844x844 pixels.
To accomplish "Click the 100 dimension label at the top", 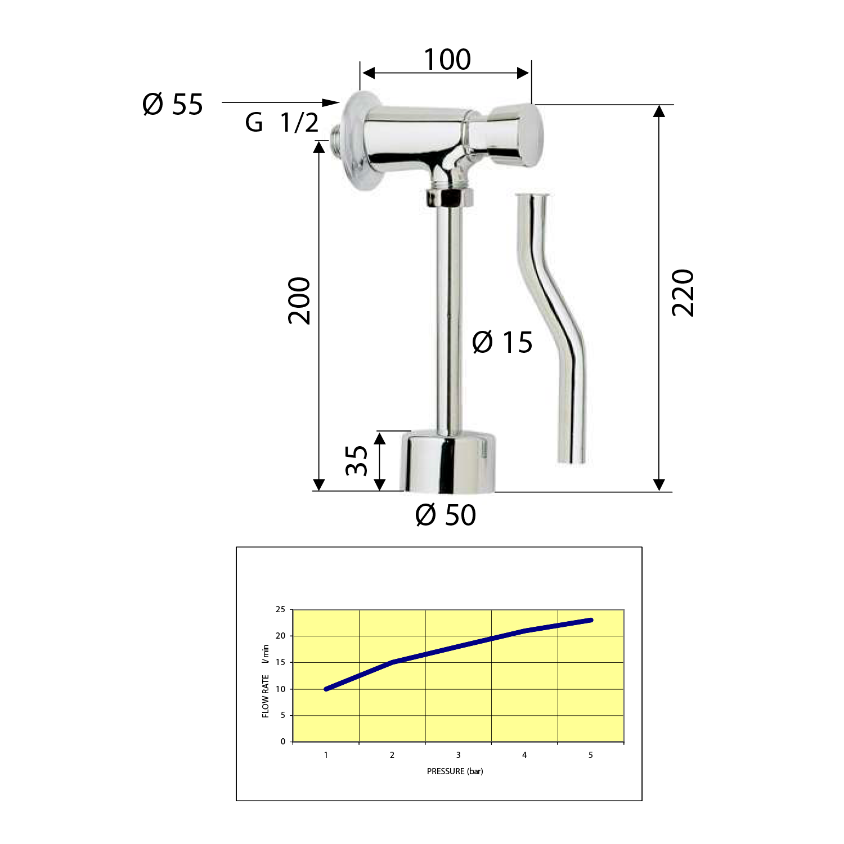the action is [447, 60].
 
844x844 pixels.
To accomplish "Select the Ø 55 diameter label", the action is [173, 105].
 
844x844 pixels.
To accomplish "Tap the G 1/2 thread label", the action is [282, 122].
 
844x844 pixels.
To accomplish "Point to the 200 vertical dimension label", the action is [299, 300].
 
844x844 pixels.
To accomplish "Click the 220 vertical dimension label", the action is [683, 293].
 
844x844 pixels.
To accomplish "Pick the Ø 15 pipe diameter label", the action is [502, 342].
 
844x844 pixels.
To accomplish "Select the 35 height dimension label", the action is [356, 460].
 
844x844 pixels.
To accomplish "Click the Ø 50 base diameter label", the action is [446, 515].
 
